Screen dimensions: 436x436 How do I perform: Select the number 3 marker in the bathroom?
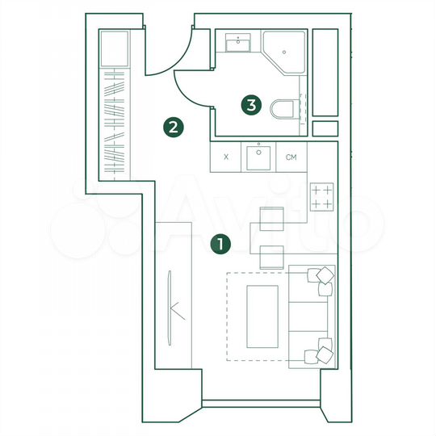click(x=253, y=104)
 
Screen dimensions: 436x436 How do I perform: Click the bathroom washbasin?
click(x=238, y=42)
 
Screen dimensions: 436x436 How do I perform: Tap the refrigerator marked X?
click(x=225, y=157)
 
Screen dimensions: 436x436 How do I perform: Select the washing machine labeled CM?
click(x=291, y=157)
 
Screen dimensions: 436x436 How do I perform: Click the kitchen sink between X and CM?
click(x=258, y=157)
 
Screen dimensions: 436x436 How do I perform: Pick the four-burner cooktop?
click(x=322, y=196)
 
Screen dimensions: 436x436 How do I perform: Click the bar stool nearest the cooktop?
click(x=271, y=218)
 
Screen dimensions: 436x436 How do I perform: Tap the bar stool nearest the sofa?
click(x=271, y=255)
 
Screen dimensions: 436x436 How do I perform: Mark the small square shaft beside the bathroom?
click(x=325, y=128)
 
